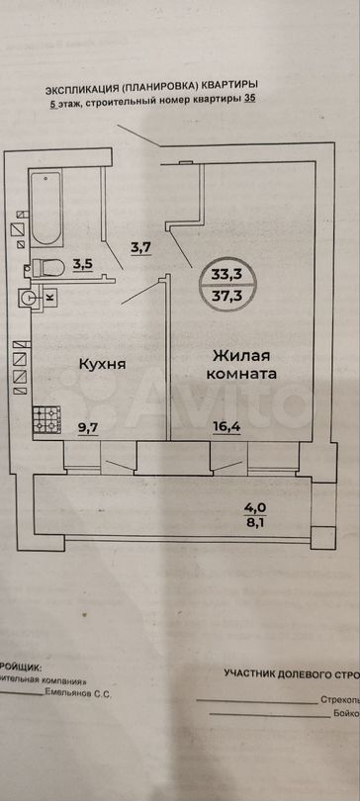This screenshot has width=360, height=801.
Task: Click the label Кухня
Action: point(102,364)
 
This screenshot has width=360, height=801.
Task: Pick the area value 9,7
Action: point(89,429)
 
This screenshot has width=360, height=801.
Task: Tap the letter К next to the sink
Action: point(50,296)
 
